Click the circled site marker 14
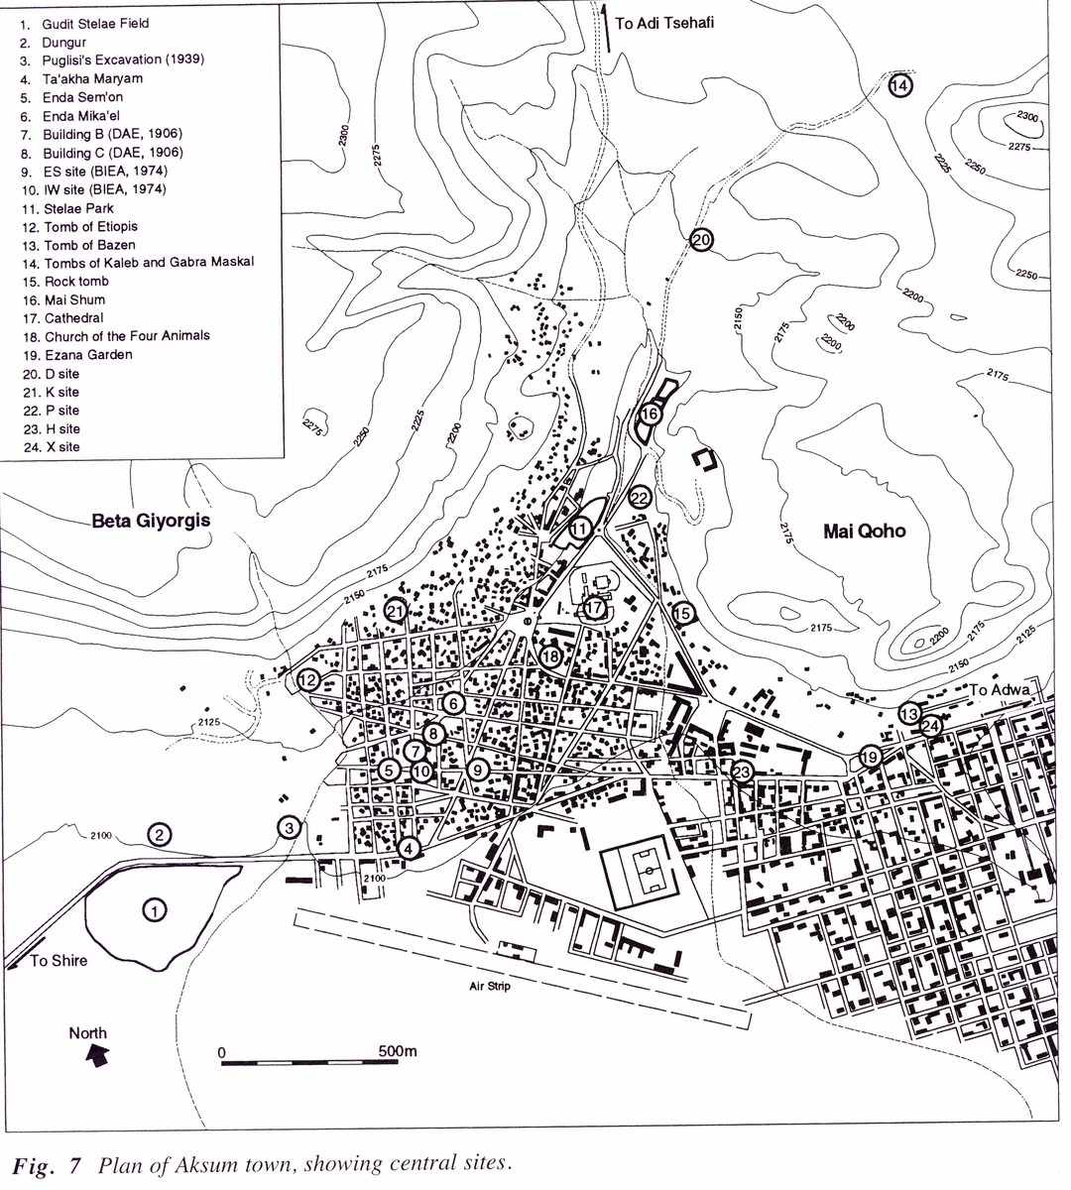[x=899, y=86]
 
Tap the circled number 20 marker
[x=701, y=240]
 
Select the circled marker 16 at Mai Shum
[x=650, y=414]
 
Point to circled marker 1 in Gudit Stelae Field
[x=153, y=908]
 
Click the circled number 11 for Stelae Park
[x=579, y=529]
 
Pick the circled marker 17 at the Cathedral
[x=593, y=608]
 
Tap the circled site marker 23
[x=742, y=773]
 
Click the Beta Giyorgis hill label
[x=151, y=520]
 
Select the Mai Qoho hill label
[x=865, y=532]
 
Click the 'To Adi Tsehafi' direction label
[x=663, y=24]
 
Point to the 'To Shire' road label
[x=59, y=960]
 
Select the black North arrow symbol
[x=97, y=1058]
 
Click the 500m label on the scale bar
[x=398, y=1051]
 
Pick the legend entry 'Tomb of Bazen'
[x=89, y=245]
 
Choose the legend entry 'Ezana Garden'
[x=87, y=355]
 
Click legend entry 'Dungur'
[x=63, y=43]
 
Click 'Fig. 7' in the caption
[x=45, y=1162]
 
